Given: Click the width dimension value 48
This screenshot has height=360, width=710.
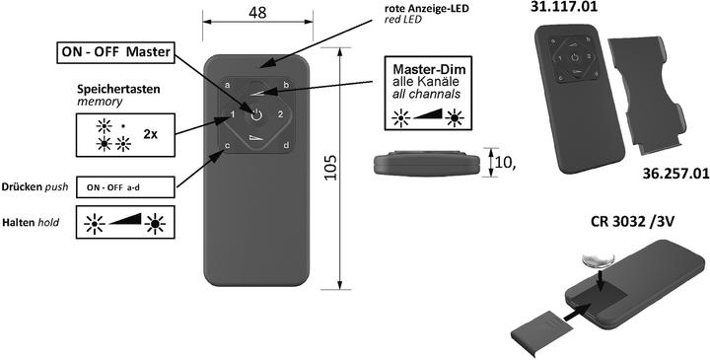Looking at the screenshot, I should (257, 14).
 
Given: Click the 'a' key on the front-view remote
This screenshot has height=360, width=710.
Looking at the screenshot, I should (228, 86).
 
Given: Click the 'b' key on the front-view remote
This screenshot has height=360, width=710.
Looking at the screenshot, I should (285, 86).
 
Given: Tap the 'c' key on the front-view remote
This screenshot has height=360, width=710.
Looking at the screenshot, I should (228, 147).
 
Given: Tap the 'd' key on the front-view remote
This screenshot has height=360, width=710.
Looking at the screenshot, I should (285, 147).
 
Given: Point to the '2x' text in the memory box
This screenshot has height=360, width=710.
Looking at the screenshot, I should (152, 133).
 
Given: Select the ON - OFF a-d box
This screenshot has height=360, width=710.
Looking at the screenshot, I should (125, 185).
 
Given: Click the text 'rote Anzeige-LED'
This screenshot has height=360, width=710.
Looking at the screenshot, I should (427, 11).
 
